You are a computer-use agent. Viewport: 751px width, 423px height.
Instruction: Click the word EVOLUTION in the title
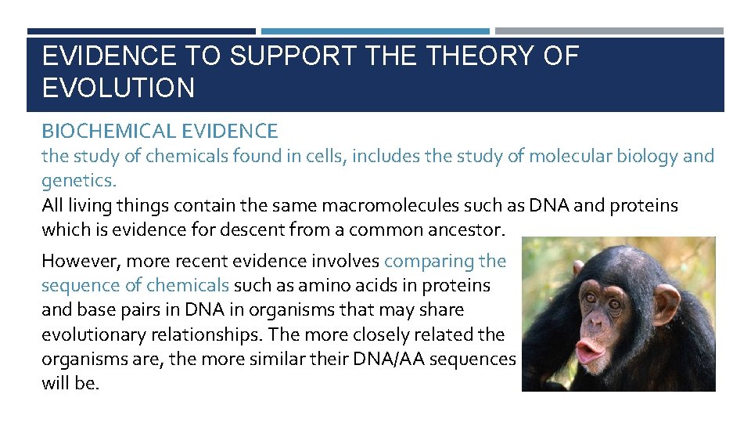tap(118, 88)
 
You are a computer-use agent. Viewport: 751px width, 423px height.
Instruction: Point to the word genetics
tap(78, 181)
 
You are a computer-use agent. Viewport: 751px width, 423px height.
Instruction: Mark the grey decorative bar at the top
tap(609, 31)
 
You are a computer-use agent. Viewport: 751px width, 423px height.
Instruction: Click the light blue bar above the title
tap(375, 31)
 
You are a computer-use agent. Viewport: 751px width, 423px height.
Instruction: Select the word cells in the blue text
tap(322, 156)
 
